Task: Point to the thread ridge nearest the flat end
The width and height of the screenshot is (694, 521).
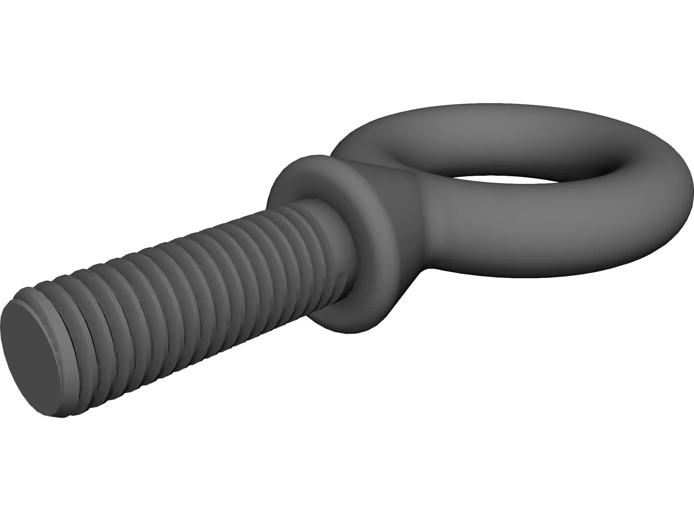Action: tap(65, 313)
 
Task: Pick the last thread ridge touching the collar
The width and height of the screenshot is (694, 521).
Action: tap(323, 230)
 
